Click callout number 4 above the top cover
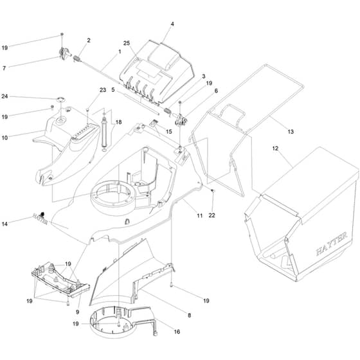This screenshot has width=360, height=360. pyautogui.click(x=172, y=24)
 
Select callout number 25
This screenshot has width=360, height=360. pyautogui.click(x=127, y=43)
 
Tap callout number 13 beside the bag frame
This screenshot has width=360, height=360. pyautogui.click(x=291, y=132)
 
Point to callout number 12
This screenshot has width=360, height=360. pyautogui.click(x=275, y=148)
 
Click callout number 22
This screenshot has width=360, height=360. pyautogui.click(x=212, y=215)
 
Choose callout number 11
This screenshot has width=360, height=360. pyautogui.click(x=199, y=215)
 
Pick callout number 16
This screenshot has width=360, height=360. pyautogui.click(x=177, y=332)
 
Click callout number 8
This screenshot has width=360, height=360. pyautogui.click(x=189, y=315)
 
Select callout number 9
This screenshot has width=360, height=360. pyautogui.click(x=77, y=312)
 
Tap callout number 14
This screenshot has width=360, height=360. pyautogui.click(x=4, y=224)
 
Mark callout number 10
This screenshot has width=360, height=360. pyautogui.click(x=4, y=138)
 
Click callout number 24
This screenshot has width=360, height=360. pyautogui.click(x=4, y=96)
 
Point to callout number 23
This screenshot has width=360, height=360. pyautogui.click(x=103, y=90)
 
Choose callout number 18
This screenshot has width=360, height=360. pyautogui.click(x=118, y=122)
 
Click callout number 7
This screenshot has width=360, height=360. pyautogui.click(x=4, y=68)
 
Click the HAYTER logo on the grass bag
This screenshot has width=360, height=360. pyautogui.click(x=332, y=244)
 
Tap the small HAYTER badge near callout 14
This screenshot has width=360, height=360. pyautogui.click(x=40, y=219)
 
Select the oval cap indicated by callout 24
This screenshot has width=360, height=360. pyautogui.click(x=61, y=99)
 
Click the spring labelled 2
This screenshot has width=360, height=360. pyautogui.click(x=77, y=59)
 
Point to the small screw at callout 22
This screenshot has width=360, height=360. pyautogui.click(x=212, y=190)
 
